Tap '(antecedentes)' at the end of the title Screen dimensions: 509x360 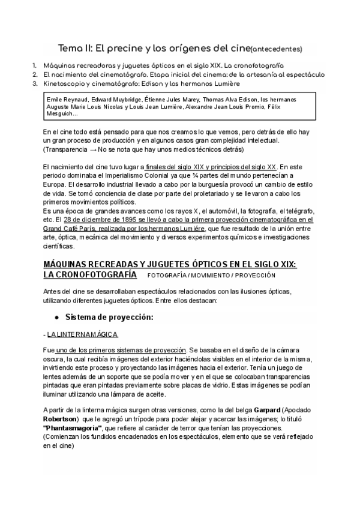pyautogui.click(x=275, y=49)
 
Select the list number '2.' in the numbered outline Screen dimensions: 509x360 pyautogui.click(x=35, y=74)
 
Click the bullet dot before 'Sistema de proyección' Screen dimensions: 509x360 pyautogui.click(x=57, y=316)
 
